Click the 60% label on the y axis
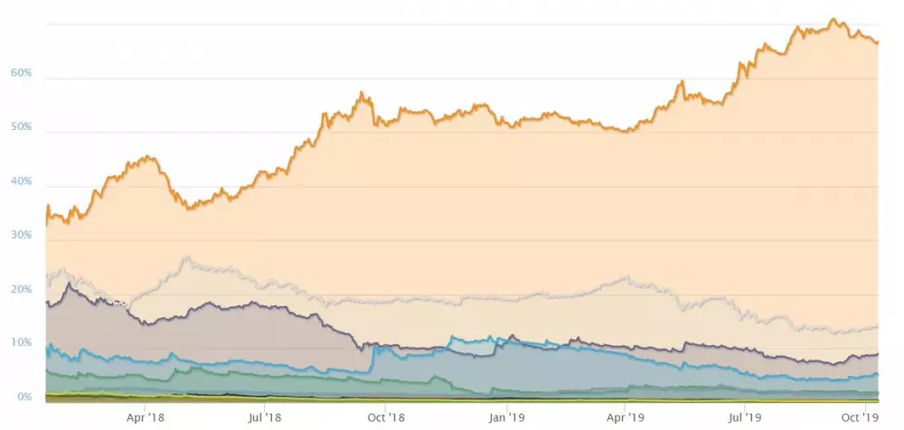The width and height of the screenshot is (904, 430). tap(21, 73)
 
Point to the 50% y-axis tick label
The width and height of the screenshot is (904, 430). tap(21, 127)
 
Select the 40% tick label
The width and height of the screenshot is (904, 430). tap(21, 182)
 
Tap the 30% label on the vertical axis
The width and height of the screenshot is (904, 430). tap(21, 235)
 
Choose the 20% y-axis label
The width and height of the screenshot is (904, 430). tap(21, 289)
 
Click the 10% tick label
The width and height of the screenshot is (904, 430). tap(21, 343)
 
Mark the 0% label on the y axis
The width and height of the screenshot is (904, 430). tap(24, 397)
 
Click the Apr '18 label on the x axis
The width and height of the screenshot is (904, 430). tap(145, 417)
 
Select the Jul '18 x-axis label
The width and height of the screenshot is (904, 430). tap(263, 417)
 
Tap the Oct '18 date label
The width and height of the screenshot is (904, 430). tap(386, 417)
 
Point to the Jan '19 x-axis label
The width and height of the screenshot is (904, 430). tap(506, 417)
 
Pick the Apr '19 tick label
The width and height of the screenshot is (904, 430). tap(626, 417)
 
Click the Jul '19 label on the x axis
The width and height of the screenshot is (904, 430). tap(744, 417)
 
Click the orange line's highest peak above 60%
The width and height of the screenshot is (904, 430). tap(833, 19)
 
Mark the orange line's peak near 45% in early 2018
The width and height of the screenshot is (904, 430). tap(149, 157)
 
